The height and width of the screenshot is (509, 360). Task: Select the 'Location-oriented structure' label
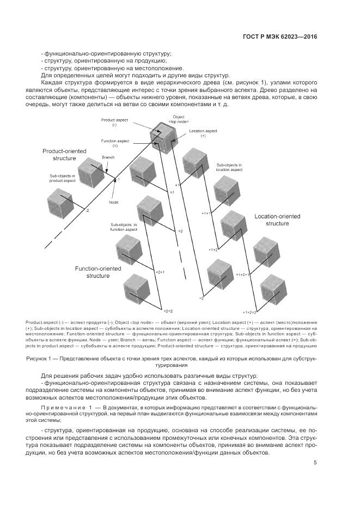[277, 220]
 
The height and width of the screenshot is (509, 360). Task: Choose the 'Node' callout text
[113, 202]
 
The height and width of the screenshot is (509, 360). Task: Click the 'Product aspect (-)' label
[114, 121]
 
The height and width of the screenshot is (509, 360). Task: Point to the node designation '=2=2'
[168, 310]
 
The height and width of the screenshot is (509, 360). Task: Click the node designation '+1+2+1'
[242, 275]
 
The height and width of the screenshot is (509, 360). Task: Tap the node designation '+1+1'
[206, 213]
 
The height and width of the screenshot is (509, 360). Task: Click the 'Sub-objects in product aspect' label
[62, 179]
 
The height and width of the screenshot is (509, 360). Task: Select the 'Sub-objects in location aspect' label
[229, 167]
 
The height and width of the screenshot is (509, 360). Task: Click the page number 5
[315, 463]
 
